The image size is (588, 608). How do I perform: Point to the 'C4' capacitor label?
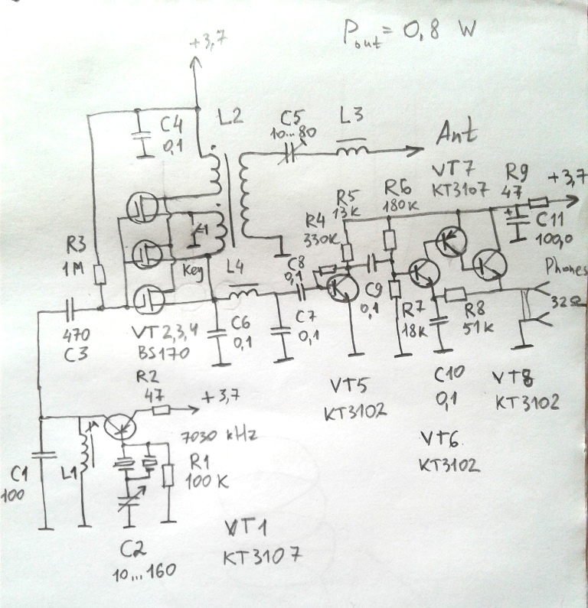pos(172,125)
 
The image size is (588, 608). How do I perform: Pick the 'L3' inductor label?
pos(354,117)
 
